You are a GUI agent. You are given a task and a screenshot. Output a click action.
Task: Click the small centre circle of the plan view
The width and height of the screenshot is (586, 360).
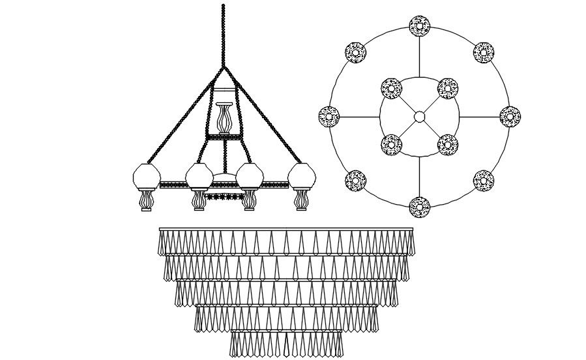coord(419,117)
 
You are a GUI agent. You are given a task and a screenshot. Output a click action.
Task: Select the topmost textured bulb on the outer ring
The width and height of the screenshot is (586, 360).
coord(419,27)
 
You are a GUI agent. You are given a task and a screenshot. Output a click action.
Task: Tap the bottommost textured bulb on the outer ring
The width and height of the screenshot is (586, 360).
coord(419,207)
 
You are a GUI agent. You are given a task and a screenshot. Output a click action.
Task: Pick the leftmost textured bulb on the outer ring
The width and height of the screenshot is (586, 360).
coord(329,117)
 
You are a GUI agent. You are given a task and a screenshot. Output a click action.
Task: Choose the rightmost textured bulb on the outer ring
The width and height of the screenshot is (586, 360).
coord(510,117)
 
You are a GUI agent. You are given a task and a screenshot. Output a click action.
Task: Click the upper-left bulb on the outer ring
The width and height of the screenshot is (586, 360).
coord(355,53)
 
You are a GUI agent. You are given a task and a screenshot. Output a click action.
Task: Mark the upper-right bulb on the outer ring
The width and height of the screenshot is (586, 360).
coord(484,53)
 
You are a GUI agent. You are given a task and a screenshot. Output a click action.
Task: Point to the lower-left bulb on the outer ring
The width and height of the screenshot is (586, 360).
coord(355,180)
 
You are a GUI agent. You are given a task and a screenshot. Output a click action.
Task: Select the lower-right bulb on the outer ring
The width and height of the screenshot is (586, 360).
coord(484,181)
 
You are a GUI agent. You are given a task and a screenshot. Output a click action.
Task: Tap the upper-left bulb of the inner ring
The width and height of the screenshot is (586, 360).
coord(391,89)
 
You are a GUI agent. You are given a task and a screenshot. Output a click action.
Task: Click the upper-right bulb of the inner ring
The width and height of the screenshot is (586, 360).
coord(448,89)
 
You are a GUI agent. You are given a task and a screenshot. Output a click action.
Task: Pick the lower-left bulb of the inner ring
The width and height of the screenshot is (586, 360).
coord(391,145)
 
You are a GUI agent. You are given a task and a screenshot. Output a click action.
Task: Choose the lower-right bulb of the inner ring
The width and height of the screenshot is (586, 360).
coord(448,145)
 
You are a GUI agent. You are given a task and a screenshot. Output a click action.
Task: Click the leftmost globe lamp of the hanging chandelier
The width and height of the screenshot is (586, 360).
coord(147,177)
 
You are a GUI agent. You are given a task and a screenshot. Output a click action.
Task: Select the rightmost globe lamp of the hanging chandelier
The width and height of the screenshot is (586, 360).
coord(302,177)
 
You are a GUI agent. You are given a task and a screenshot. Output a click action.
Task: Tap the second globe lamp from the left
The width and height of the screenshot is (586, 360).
coord(199,177)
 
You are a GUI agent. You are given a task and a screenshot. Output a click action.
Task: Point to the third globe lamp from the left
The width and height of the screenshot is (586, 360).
coord(249,177)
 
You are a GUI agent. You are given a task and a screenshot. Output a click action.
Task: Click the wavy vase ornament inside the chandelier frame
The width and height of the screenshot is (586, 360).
coord(224,119)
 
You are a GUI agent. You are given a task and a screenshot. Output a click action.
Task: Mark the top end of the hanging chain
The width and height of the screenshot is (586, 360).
coord(224,7)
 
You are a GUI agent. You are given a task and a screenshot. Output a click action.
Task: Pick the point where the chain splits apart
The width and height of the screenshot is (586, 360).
coord(224,67)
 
